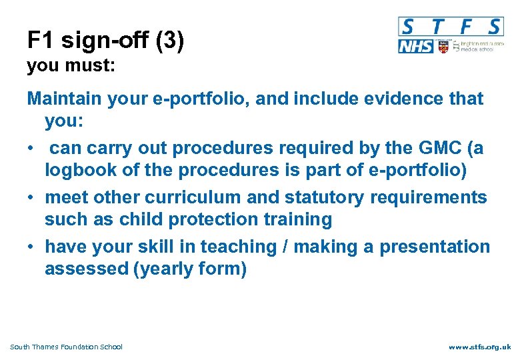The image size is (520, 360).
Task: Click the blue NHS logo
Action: [415, 46]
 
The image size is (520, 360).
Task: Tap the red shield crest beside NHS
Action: [443, 46]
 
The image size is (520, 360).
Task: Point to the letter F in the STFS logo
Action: [466, 27]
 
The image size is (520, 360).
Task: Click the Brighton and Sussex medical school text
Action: [479, 46]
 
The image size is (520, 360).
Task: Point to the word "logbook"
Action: [79, 169]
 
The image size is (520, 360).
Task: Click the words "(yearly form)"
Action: [190, 269]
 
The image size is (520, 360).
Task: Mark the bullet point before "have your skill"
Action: [31, 247]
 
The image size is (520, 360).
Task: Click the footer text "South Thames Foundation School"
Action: [66, 347]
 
